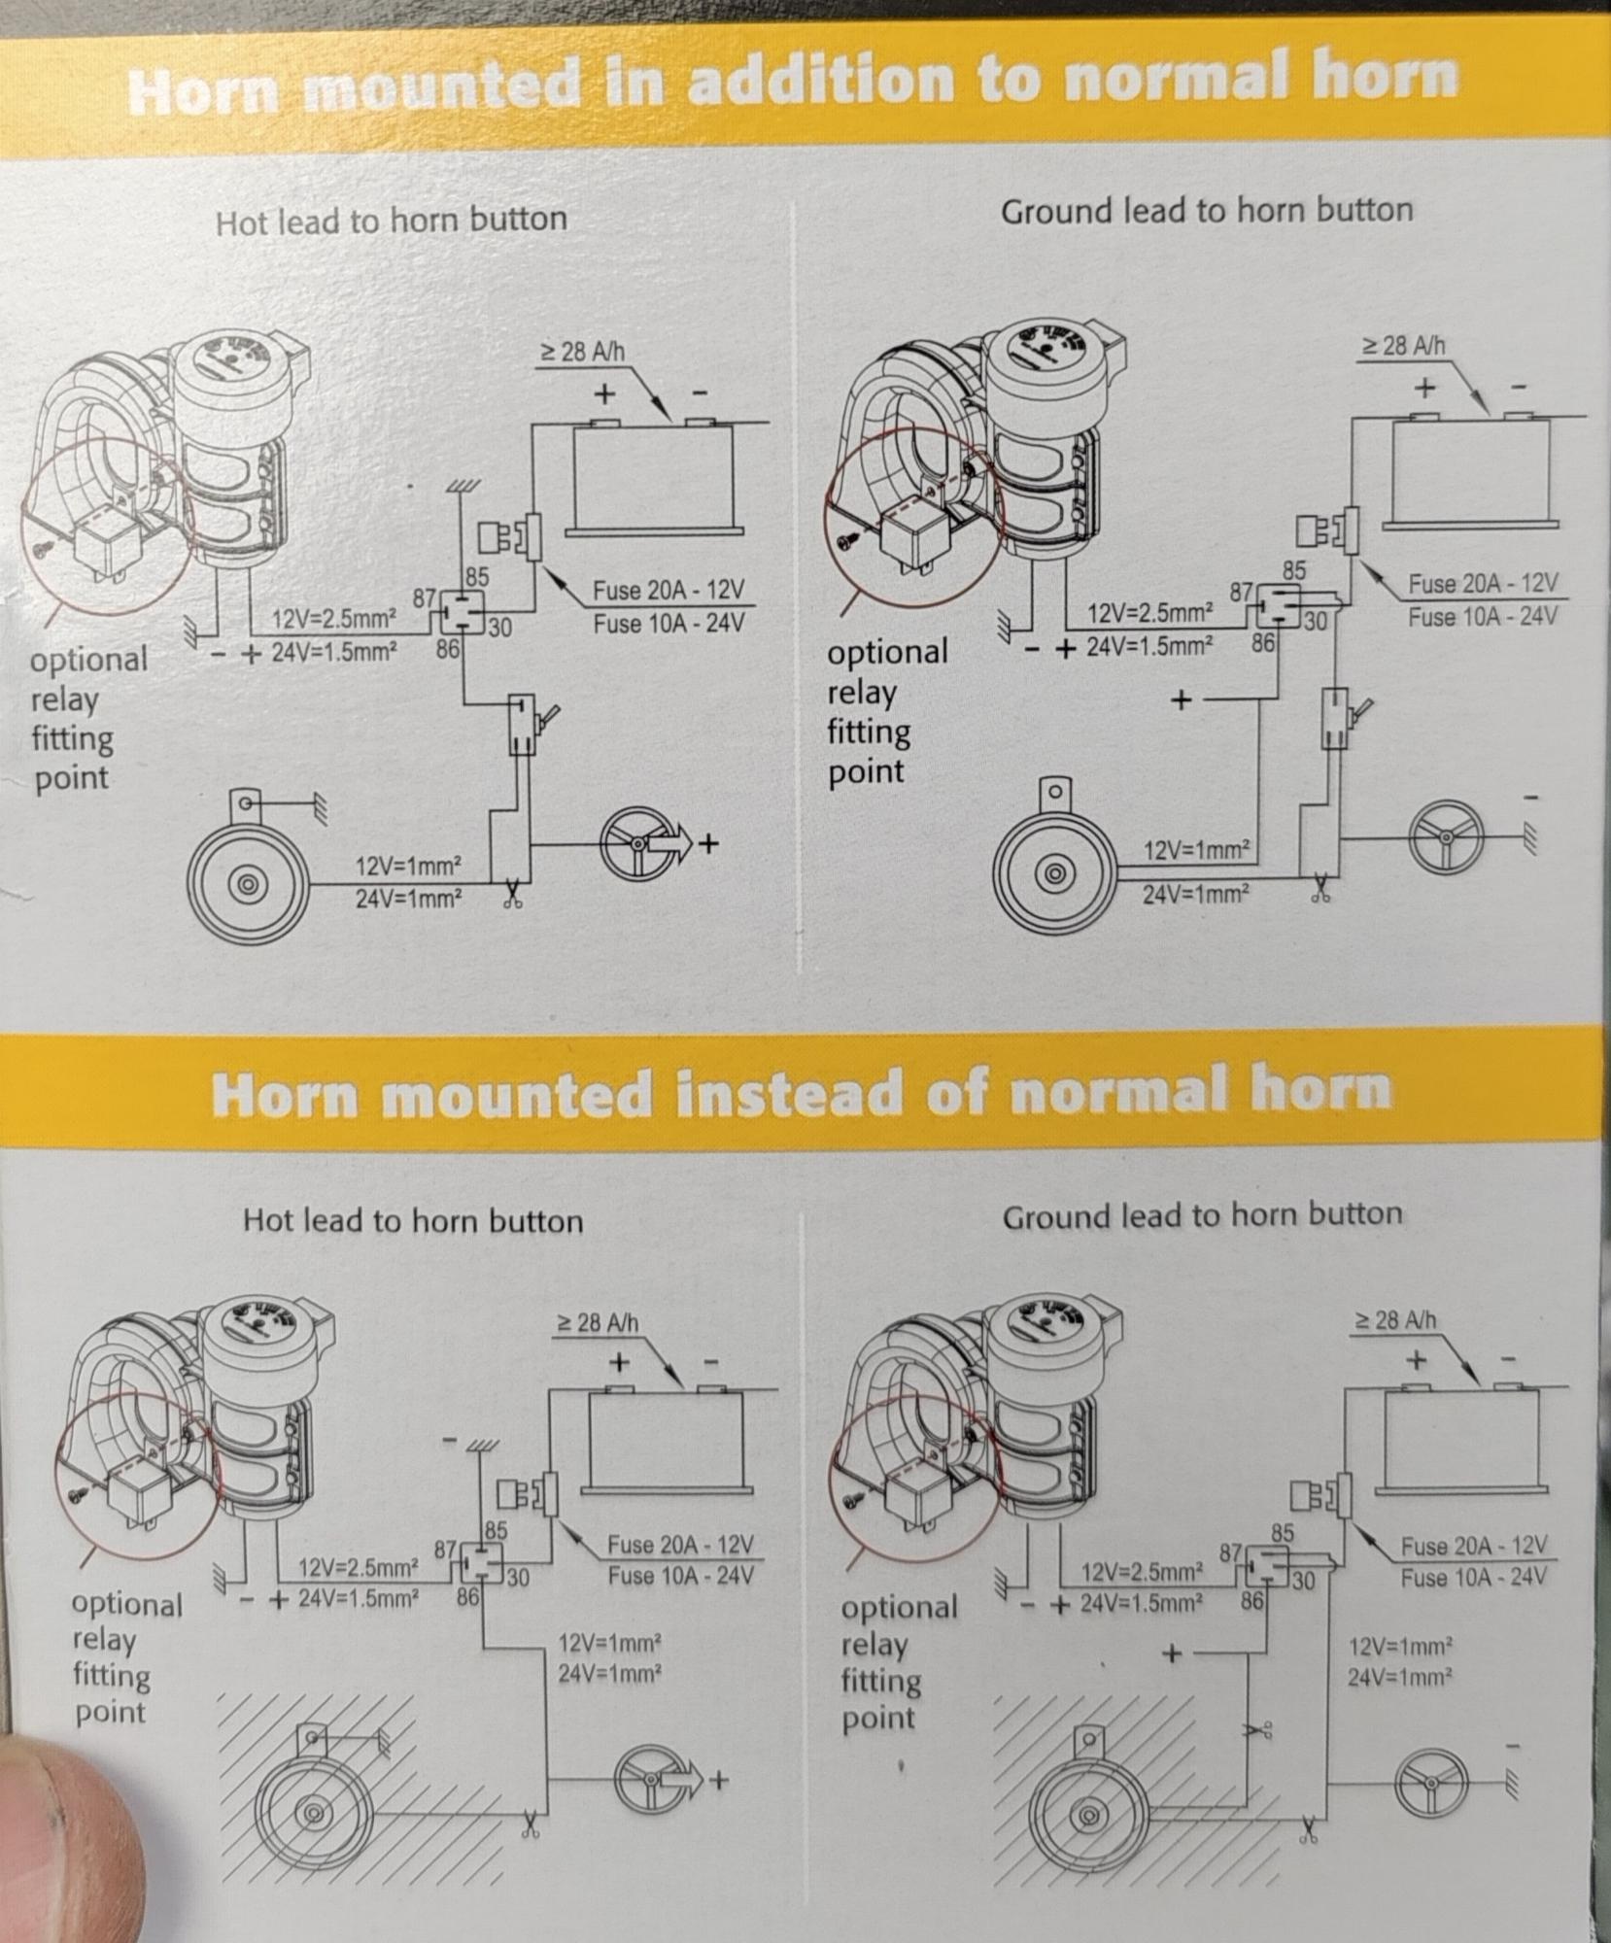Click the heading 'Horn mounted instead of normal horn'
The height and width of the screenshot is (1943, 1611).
click(x=802, y=1093)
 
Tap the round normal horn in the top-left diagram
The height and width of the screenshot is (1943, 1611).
click(x=248, y=884)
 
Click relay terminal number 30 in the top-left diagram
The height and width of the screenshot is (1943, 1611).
click(x=499, y=628)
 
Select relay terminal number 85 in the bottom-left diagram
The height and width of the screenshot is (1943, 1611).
click(x=496, y=1530)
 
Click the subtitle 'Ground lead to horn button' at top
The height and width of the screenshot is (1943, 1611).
click(x=1207, y=211)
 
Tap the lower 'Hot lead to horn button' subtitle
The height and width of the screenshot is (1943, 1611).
click(x=413, y=1220)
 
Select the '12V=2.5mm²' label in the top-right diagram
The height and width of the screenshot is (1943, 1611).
click(x=1149, y=613)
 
